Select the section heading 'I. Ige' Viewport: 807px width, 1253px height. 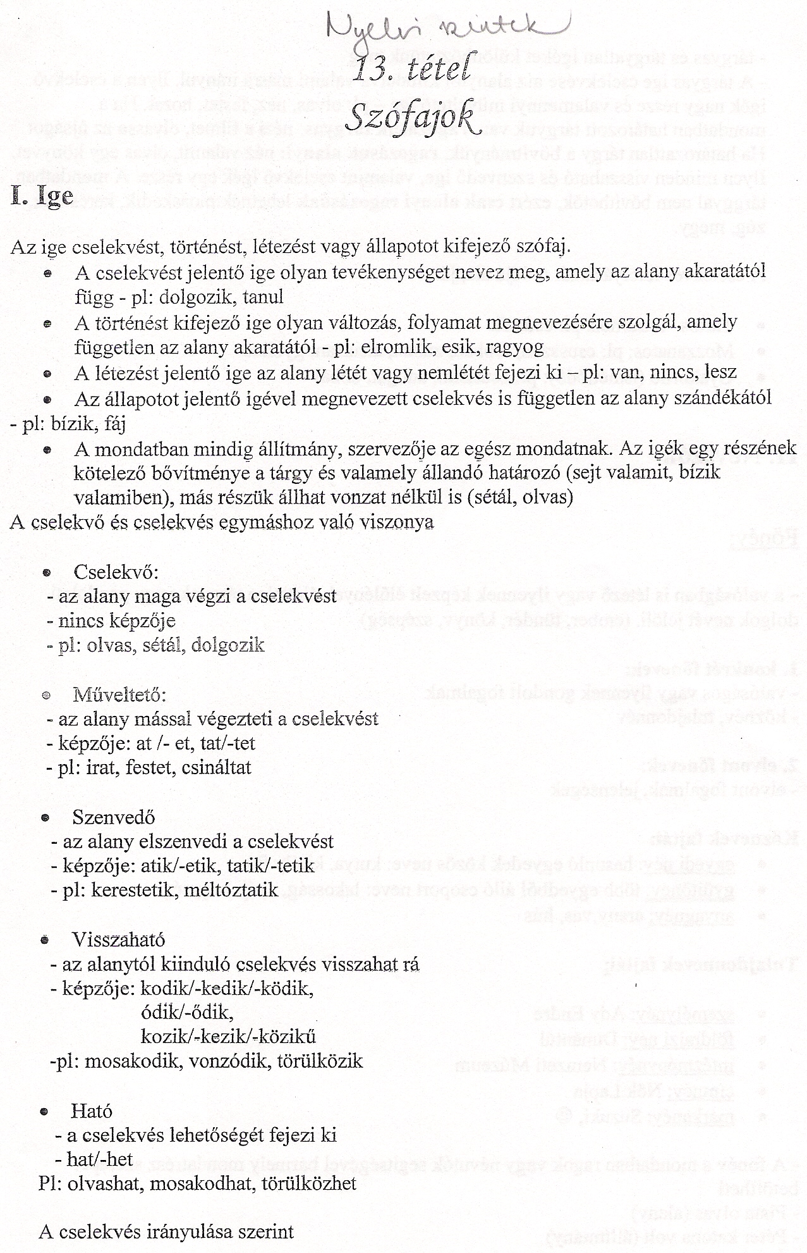[x=42, y=195]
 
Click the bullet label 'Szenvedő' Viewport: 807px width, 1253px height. [x=114, y=817]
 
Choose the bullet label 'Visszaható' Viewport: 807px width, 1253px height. [x=119, y=939]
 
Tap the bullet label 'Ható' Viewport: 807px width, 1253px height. [x=92, y=1111]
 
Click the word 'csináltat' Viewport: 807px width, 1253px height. [x=216, y=767]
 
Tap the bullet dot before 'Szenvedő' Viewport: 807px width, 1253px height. [x=44, y=818]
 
